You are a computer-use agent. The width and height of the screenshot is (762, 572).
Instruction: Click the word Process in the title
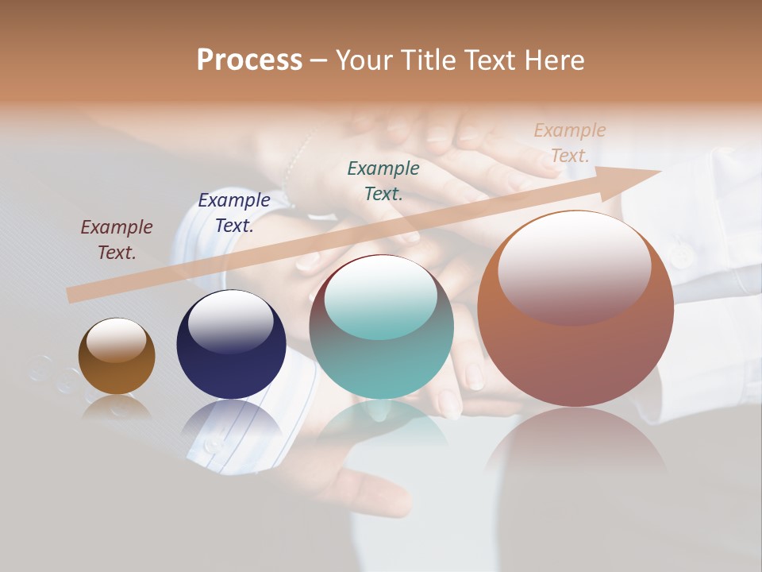point(249,60)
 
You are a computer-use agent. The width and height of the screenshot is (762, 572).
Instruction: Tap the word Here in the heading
point(552,60)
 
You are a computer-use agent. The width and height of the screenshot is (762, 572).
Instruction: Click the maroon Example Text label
point(117,240)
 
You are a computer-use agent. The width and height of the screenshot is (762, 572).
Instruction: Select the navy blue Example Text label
point(234,213)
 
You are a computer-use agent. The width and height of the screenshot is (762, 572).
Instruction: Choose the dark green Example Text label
point(383,180)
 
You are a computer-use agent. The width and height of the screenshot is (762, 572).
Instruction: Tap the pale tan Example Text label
point(570,143)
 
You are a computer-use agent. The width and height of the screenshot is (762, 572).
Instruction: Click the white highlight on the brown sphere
point(117,339)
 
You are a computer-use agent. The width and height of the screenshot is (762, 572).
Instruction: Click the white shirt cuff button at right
point(680,256)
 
